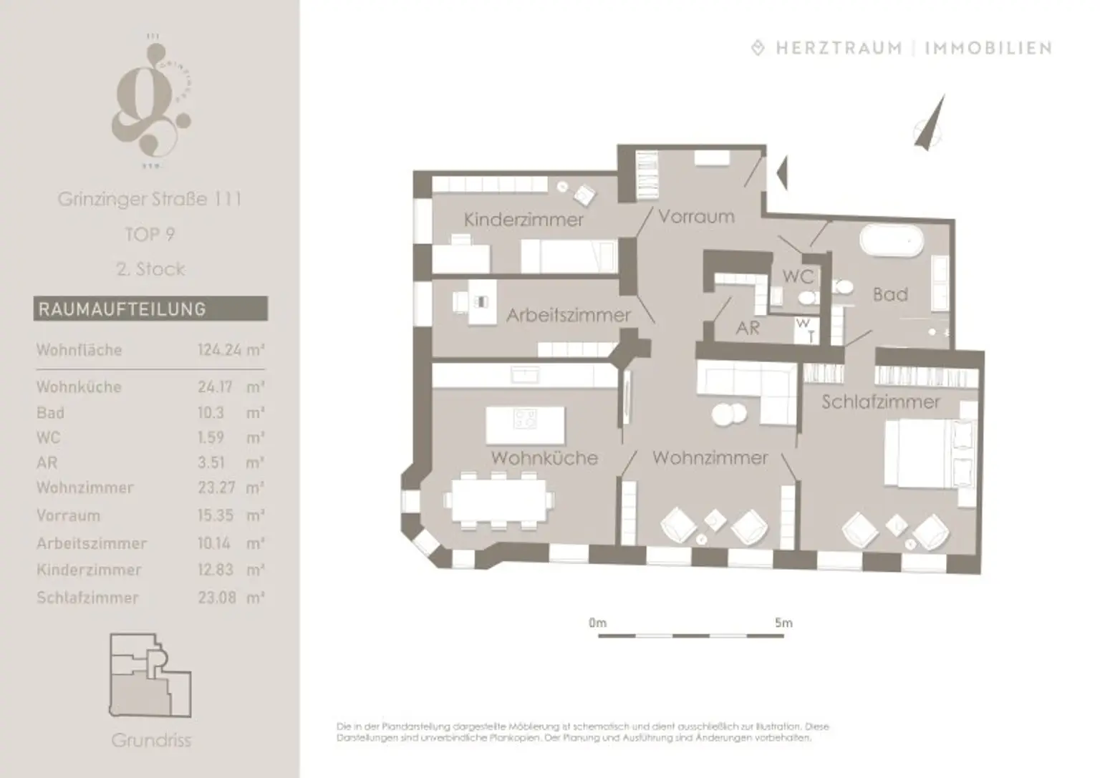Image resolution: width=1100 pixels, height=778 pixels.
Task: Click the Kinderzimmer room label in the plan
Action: point(524,219)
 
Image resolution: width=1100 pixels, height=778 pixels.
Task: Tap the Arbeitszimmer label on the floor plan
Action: point(568,315)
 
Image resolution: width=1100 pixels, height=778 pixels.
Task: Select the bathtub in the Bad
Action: point(890,241)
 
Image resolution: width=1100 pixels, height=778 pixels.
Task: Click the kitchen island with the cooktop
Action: point(525,424)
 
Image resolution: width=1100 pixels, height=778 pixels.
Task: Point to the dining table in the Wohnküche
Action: point(499,500)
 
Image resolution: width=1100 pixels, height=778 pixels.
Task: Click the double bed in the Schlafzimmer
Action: point(924,453)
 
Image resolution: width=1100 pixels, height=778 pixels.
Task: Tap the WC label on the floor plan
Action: point(797,276)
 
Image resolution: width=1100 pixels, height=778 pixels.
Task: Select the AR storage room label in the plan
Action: point(748,328)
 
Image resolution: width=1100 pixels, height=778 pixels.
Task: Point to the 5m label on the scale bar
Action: point(783,623)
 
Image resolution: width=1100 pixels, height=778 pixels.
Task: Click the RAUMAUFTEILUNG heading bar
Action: point(150,309)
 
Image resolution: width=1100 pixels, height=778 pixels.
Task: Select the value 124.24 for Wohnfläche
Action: point(219,350)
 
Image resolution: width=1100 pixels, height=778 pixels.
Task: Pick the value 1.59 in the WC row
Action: point(211,437)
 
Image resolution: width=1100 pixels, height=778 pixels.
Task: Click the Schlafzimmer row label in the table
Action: point(87,598)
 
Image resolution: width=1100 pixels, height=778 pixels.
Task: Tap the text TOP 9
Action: point(150,234)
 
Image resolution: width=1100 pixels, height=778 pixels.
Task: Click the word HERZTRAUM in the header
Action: point(839,49)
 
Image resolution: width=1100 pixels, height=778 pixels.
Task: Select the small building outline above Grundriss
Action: point(150,676)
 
